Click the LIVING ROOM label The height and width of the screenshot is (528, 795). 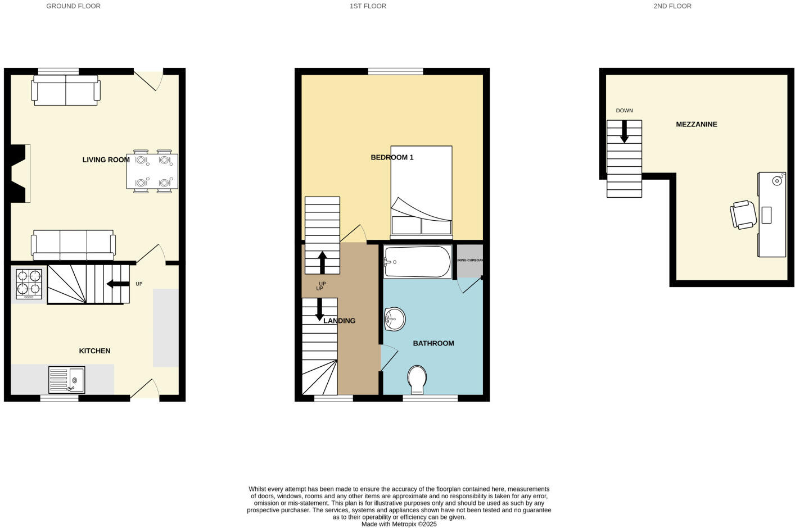coord(106,160)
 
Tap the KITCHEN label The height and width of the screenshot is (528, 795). coord(94,351)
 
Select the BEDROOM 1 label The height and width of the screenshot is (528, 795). coord(392,157)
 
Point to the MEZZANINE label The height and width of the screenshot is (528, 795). coord(696,124)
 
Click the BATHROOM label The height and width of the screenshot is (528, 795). coord(433,343)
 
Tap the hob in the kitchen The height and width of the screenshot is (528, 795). coord(29,284)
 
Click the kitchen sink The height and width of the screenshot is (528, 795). coord(66,380)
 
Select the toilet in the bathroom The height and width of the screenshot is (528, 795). coord(417,380)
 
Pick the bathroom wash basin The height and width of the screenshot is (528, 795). coord(395,320)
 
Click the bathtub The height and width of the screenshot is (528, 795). coord(417,262)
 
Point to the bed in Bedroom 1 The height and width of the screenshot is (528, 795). coord(421,191)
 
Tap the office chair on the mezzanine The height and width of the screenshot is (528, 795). coord(743,215)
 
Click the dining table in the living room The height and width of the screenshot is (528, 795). coord(152,171)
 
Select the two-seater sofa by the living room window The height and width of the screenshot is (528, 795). coord(66,90)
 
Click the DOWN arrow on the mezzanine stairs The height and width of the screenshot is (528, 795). coord(624,132)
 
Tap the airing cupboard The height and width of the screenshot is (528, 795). coord(470,261)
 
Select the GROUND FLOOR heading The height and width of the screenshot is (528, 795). coord(73,6)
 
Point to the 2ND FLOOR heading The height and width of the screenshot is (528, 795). coord(672,6)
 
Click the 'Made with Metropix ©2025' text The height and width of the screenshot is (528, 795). coord(399,524)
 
